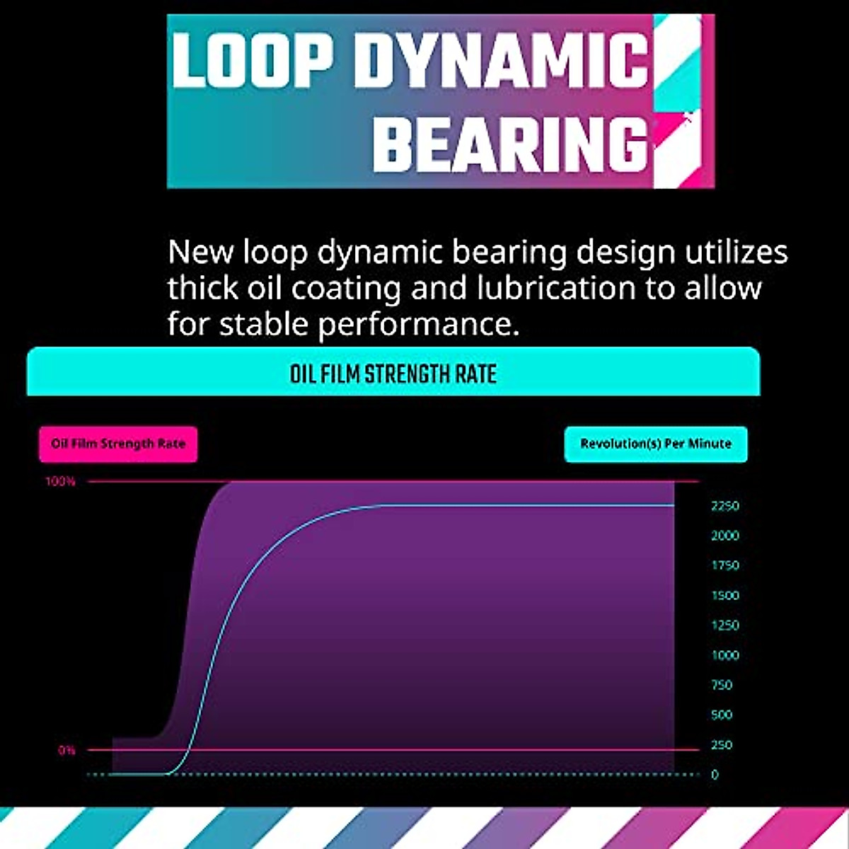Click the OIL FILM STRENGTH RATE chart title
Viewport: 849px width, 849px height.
(x=393, y=374)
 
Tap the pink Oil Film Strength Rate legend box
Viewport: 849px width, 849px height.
(x=118, y=444)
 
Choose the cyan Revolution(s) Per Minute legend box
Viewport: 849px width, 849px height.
(x=656, y=444)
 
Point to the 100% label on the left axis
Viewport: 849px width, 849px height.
(x=60, y=482)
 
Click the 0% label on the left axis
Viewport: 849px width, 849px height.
(x=67, y=750)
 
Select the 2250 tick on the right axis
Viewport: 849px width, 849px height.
(x=725, y=506)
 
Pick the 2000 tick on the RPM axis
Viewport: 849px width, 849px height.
(x=725, y=536)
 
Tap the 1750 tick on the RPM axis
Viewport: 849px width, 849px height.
(x=725, y=565)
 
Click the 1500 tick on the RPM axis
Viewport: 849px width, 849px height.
(x=725, y=596)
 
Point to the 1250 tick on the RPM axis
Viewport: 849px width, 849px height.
(x=725, y=625)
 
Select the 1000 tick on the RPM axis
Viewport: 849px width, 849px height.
(x=725, y=655)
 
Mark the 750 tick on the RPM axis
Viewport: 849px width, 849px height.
(x=722, y=685)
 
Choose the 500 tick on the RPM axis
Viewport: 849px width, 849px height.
(x=722, y=715)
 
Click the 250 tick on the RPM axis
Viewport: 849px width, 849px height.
(x=722, y=745)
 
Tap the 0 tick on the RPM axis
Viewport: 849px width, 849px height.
(x=715, y=775)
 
